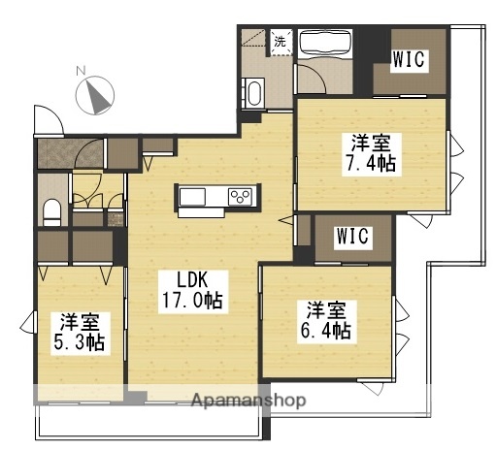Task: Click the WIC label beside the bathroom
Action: [x=407, y=61]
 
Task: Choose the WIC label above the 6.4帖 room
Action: [x=352, y=236]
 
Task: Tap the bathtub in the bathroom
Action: [x=325, y=44]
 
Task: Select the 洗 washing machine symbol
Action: [x=280, y=42]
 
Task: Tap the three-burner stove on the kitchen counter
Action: [x=240, y=198]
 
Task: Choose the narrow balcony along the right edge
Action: [x=473, y=145]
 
